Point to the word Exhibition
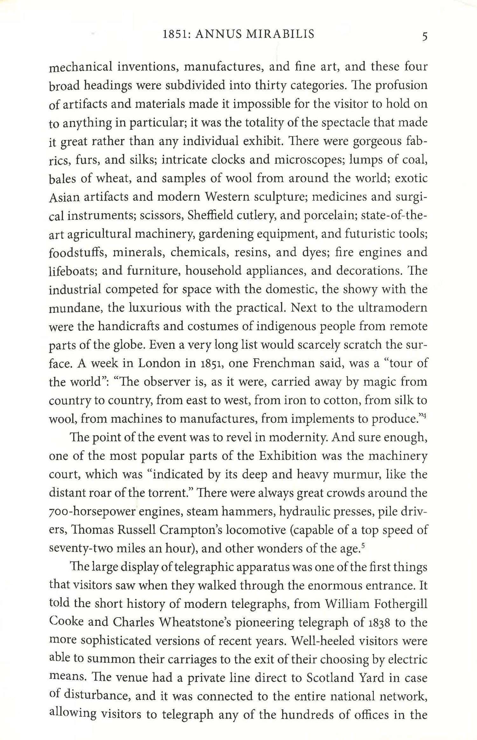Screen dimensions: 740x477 287,456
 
